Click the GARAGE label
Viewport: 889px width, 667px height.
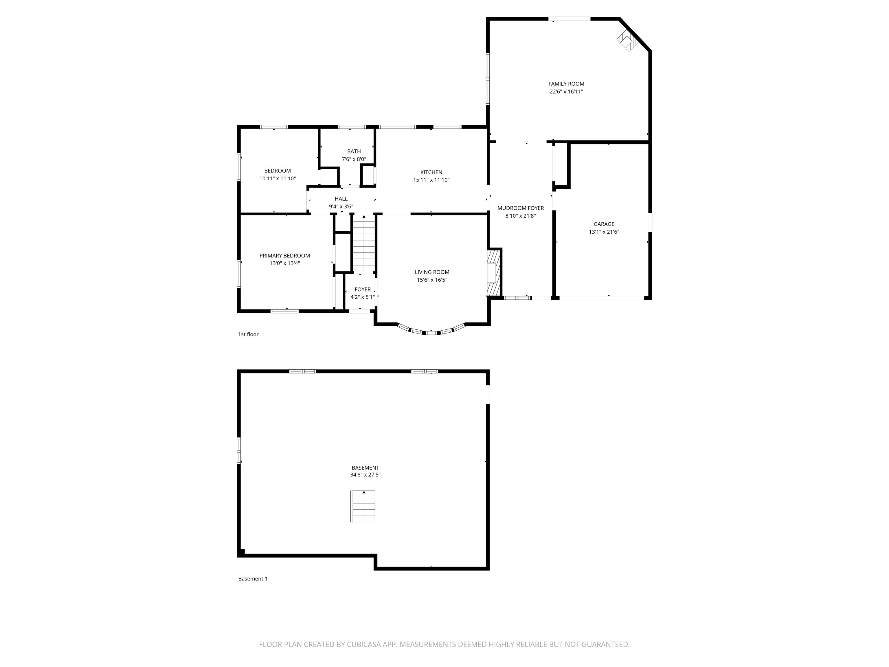pos(604,224)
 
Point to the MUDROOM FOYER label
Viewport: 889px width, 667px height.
pos(520,208)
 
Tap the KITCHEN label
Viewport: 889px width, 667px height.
pos(431,172)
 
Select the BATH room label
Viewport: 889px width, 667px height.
pos(354,151)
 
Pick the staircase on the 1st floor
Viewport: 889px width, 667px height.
pos(364,244)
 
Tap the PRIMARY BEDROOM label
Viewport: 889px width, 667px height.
pos(284,256)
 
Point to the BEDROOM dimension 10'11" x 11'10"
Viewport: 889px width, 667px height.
pos(277,179)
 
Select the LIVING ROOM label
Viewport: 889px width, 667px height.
pos(432,272)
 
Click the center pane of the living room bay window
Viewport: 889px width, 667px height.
pos(431,333)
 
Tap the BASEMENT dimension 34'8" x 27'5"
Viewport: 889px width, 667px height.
pos(365,475)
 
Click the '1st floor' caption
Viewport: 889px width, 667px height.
pos(248,334)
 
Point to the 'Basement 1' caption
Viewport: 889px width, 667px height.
pos(252,578)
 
